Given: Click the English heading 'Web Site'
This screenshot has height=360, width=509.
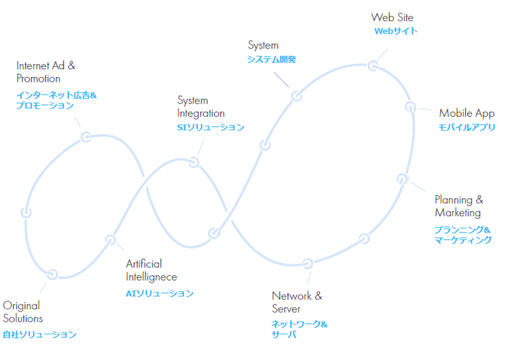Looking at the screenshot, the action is [x=392, y=17].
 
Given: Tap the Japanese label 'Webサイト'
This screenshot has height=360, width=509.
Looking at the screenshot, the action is [x=396, y=31].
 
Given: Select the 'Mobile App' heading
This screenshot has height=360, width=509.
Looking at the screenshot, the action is [x=467, y=113].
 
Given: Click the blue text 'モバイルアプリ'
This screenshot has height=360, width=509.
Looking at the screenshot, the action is [x=467, y=127].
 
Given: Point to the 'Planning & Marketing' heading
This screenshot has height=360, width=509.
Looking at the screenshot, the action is [x=459, y=206].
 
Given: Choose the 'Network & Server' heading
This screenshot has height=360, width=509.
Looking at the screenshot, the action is [x=297, y=302].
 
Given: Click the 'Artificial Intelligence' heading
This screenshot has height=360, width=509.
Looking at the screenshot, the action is [x=151, y=270].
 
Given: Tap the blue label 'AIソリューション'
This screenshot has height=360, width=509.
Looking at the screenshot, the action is [x=159, y=293].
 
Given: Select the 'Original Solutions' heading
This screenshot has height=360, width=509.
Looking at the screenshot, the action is [x=23, y=312].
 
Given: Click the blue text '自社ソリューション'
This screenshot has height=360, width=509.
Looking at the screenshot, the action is [x=40, y=334].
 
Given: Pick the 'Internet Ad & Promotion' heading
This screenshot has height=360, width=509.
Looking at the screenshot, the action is [x=46, y=72].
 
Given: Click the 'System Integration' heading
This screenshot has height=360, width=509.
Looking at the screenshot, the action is [x=201, y=107].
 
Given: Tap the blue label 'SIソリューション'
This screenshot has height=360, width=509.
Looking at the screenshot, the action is [x=211, y=127].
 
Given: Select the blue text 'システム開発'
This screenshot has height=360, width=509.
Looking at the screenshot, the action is [x=271, y=60].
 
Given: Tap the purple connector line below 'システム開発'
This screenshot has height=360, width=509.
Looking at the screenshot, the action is [x=281, y=80].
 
